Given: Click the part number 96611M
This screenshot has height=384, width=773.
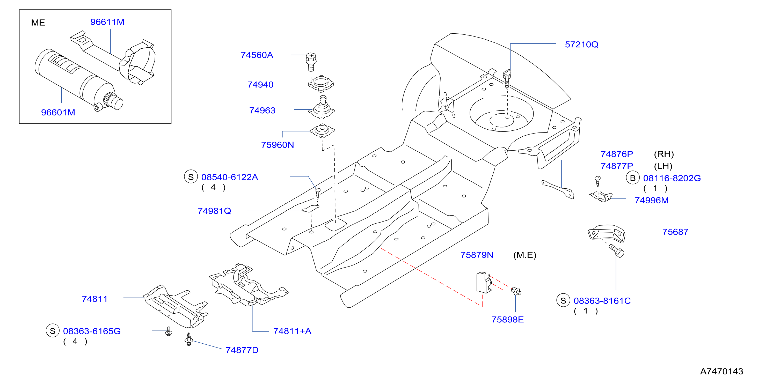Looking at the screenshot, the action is click(107, 22).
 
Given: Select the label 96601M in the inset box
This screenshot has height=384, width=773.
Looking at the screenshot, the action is click(58, 113).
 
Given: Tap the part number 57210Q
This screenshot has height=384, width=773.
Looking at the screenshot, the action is click(581, 45).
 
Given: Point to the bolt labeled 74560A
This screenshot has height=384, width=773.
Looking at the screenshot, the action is click(311, 61).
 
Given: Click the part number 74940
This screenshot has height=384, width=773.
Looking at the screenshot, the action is click(260, 85).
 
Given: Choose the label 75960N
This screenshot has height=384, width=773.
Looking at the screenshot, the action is click(277, 145).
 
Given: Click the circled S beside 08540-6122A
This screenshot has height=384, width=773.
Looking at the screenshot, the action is click(191, 177).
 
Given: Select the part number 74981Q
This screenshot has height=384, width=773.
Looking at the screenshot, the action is click(214, 211).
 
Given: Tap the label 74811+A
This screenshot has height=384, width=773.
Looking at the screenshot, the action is click(292, 331).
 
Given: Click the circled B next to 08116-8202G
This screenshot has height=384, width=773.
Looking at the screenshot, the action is click(633, 178).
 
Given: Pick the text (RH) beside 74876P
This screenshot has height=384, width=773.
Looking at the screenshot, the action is click(664, 154).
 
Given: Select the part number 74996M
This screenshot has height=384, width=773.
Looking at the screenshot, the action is click(652, 200).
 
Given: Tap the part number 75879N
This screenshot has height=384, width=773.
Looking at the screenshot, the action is click(477, 255).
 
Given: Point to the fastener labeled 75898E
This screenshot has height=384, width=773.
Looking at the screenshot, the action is click(516, 291).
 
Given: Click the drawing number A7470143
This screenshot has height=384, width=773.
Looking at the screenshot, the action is click(721, 371).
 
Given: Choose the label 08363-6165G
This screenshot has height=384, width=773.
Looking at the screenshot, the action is click(92, 331).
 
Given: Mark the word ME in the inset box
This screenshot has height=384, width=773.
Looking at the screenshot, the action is click(38, 23).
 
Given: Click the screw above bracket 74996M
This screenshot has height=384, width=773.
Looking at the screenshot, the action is click(597, 182).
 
